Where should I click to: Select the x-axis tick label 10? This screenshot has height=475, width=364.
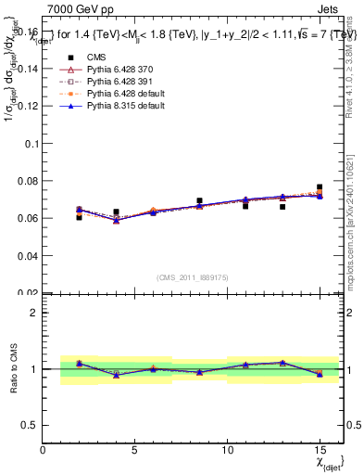click(227, 450)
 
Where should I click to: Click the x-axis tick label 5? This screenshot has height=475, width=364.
click(135, 450)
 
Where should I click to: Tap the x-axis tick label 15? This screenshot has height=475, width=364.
click(320, 450)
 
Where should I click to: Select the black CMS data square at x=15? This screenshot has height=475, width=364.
click(320, 187)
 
